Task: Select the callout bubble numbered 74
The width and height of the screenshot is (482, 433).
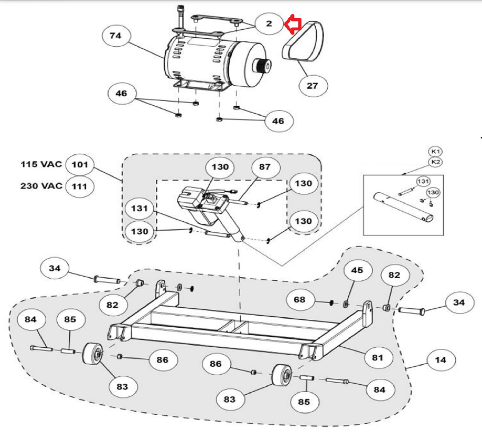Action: pos(116,36)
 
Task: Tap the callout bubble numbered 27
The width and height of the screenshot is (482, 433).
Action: pos(313,86)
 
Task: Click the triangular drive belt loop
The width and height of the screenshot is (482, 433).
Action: pos(303,41)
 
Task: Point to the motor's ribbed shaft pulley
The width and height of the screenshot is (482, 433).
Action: pos(262,65)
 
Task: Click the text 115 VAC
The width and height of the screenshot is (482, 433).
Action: pos(41,164)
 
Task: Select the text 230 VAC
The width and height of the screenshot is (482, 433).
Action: pos(41,186)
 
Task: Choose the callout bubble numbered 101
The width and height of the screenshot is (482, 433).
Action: pos(80,165)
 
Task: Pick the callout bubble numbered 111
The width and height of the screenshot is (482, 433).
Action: pos(80,187)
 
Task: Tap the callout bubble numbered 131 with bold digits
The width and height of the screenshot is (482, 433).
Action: pos(140,209)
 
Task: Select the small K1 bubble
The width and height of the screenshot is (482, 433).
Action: pos(435,152)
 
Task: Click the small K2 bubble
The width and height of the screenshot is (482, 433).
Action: pos(435,162)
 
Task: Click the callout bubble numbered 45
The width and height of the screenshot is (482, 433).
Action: pos(357,270)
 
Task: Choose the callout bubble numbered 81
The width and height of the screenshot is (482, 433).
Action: pos(378,357)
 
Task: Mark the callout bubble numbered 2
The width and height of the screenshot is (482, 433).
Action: pos(269,24)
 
